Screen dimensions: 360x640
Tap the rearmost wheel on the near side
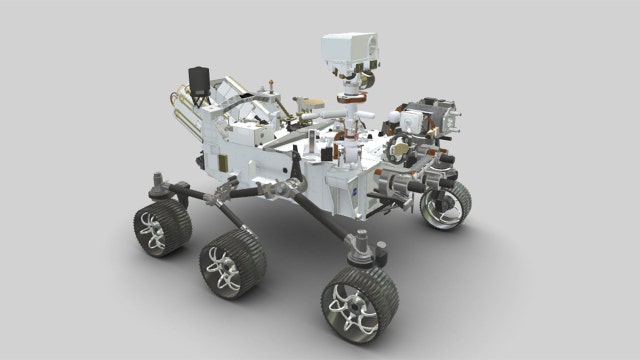(x=161, y=229)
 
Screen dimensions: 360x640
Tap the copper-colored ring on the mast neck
(x=350, y=98)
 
